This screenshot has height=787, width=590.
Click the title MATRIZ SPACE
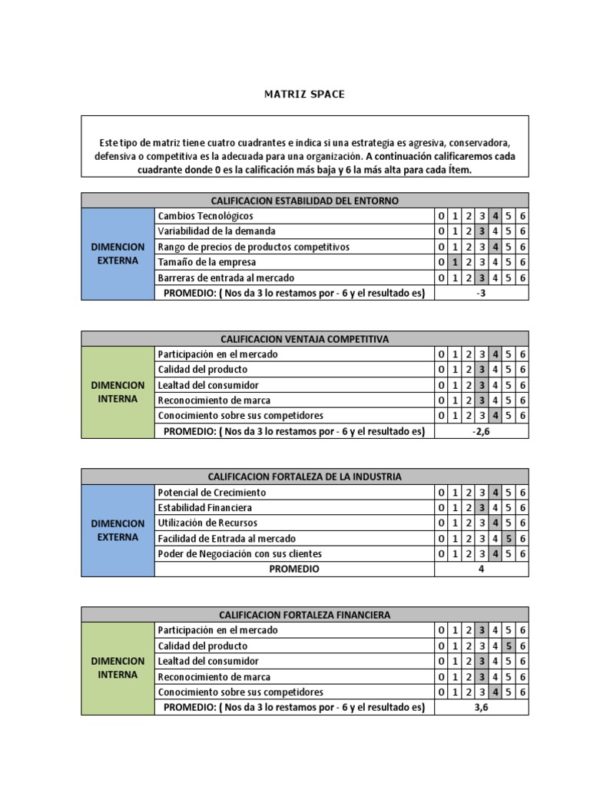point(305,94)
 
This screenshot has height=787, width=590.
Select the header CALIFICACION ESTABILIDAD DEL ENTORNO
point(304,201)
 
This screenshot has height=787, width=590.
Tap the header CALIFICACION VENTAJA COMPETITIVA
point(304,339)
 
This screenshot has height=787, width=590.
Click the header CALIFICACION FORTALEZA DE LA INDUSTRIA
point(304,477)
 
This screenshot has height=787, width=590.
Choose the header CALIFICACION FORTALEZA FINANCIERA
point(304,615)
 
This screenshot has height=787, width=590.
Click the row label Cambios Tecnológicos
point(205,216)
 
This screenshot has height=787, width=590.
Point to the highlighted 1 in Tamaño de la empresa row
point(455,262)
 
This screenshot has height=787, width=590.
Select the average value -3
point(482,293)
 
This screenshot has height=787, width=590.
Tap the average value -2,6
point(482,431)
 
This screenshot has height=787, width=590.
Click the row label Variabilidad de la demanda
point(216,231)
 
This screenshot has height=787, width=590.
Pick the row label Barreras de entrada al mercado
point(225,277)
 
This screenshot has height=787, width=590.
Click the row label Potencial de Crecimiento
point(211,493)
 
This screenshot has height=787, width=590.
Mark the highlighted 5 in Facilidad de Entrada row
point(509,539)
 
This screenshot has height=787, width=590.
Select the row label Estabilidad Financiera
point(204,508)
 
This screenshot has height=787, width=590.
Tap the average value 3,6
point(482,707)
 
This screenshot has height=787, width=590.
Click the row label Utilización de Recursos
point(209,523)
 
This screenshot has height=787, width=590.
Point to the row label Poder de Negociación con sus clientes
point(239,553)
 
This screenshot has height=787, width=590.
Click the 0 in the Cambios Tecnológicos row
point(442,216)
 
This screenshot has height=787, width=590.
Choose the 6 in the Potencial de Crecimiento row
point(522,493)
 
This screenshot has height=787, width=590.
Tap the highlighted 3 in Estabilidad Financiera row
point(482,508)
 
